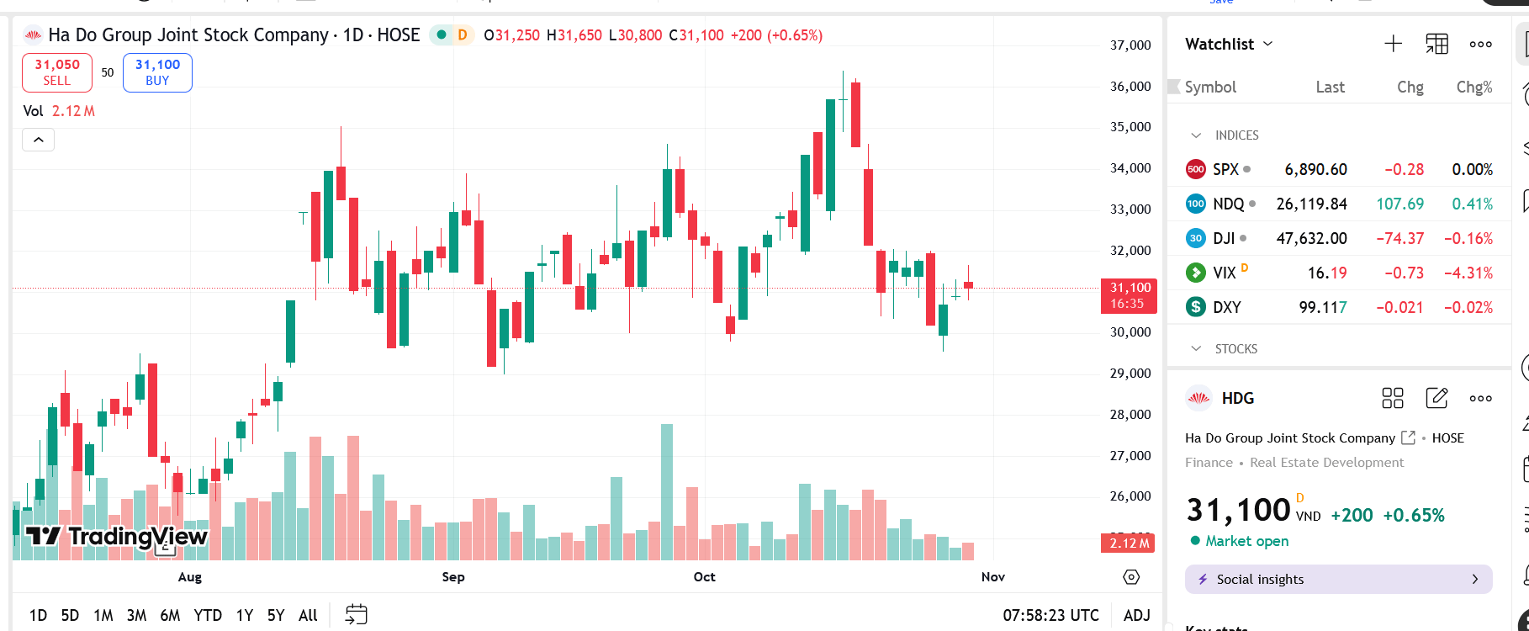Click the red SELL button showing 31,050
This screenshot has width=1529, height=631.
coord(57,72)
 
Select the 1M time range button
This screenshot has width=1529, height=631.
coord(103,615)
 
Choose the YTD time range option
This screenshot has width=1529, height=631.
coord(208,615)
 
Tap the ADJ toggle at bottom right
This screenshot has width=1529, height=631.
coord(1136,615)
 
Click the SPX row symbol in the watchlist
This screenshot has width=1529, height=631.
coord(1225,169)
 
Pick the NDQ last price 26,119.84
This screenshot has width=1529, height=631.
coord(1311,204)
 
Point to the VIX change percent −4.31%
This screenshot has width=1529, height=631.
coord(1468,273)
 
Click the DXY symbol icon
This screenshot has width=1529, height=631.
coord(1195,307)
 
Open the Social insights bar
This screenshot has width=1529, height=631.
coord(1338,579)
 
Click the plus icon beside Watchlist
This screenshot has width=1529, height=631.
coord(1393,44)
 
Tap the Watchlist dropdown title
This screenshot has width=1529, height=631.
coord(1228,44)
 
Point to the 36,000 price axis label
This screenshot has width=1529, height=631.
coord(1130,86)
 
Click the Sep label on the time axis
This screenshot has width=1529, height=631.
coord(453,576)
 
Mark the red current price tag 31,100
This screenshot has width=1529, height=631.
coord(1129,295)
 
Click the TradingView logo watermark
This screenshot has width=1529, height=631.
coord(116,536)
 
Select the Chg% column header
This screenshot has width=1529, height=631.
coord(1473,87)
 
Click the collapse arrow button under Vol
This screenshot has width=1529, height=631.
coord(38,140)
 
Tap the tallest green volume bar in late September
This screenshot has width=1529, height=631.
coord(667,492)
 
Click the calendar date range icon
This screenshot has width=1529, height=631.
coord(357,614)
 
